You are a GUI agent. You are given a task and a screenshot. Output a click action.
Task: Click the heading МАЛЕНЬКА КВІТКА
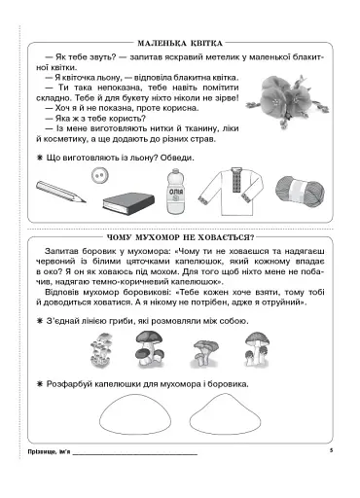[180, 44]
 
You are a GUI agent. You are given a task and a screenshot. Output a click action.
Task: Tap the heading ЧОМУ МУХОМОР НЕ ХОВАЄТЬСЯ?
[180, 237]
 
